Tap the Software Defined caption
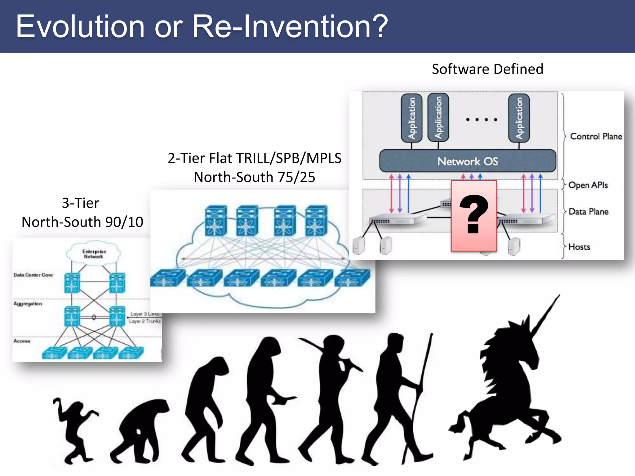[x=487, y=69]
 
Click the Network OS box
[x=468, y=161]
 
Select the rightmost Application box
[x=519, y=118]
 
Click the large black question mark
[x=474, y=214]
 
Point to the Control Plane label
[x=596, y=136]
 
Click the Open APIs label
[x=588, y=185]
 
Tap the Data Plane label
[x=588, y=212]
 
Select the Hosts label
[x=579, y=247]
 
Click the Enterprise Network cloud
[x=94, y=254]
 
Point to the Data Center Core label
[x=33, y=275]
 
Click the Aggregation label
[x=28, y=304]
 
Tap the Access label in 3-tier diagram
[x=22, y=341]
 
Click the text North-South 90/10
[x=82, y=222]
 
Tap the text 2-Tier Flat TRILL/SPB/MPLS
[x=254, y=158]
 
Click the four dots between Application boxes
[x=482, y=120]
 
